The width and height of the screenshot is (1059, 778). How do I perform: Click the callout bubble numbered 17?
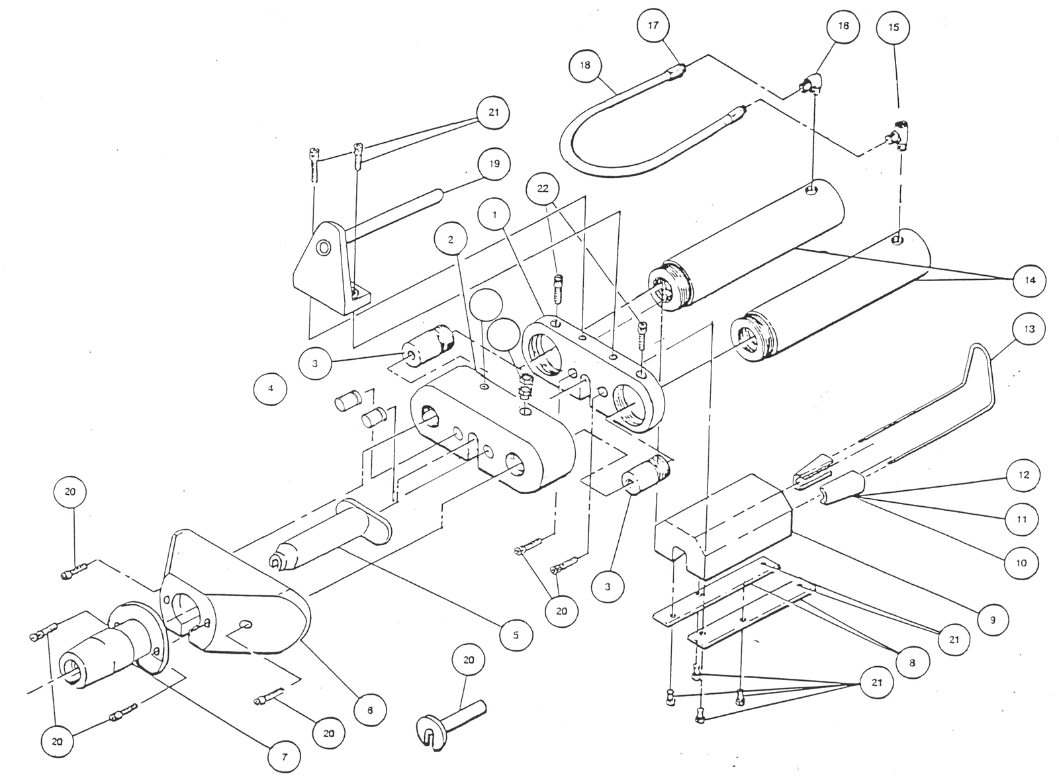[x=653, y=27]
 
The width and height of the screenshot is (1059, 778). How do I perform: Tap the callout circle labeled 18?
[x=585, y=65]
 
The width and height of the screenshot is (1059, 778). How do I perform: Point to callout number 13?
[x=1029, y=329]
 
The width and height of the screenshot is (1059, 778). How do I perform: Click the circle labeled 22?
[x=543, y=189]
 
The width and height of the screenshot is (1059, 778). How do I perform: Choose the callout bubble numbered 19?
[x=494, y=164]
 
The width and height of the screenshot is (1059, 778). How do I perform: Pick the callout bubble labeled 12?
[x=1023, y=475]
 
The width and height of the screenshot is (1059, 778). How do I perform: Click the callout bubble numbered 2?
[x=451, y=239]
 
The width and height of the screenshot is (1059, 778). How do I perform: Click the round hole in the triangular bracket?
[x=324, y=248]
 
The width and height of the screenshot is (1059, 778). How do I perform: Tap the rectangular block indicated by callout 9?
[x=721, y=523]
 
